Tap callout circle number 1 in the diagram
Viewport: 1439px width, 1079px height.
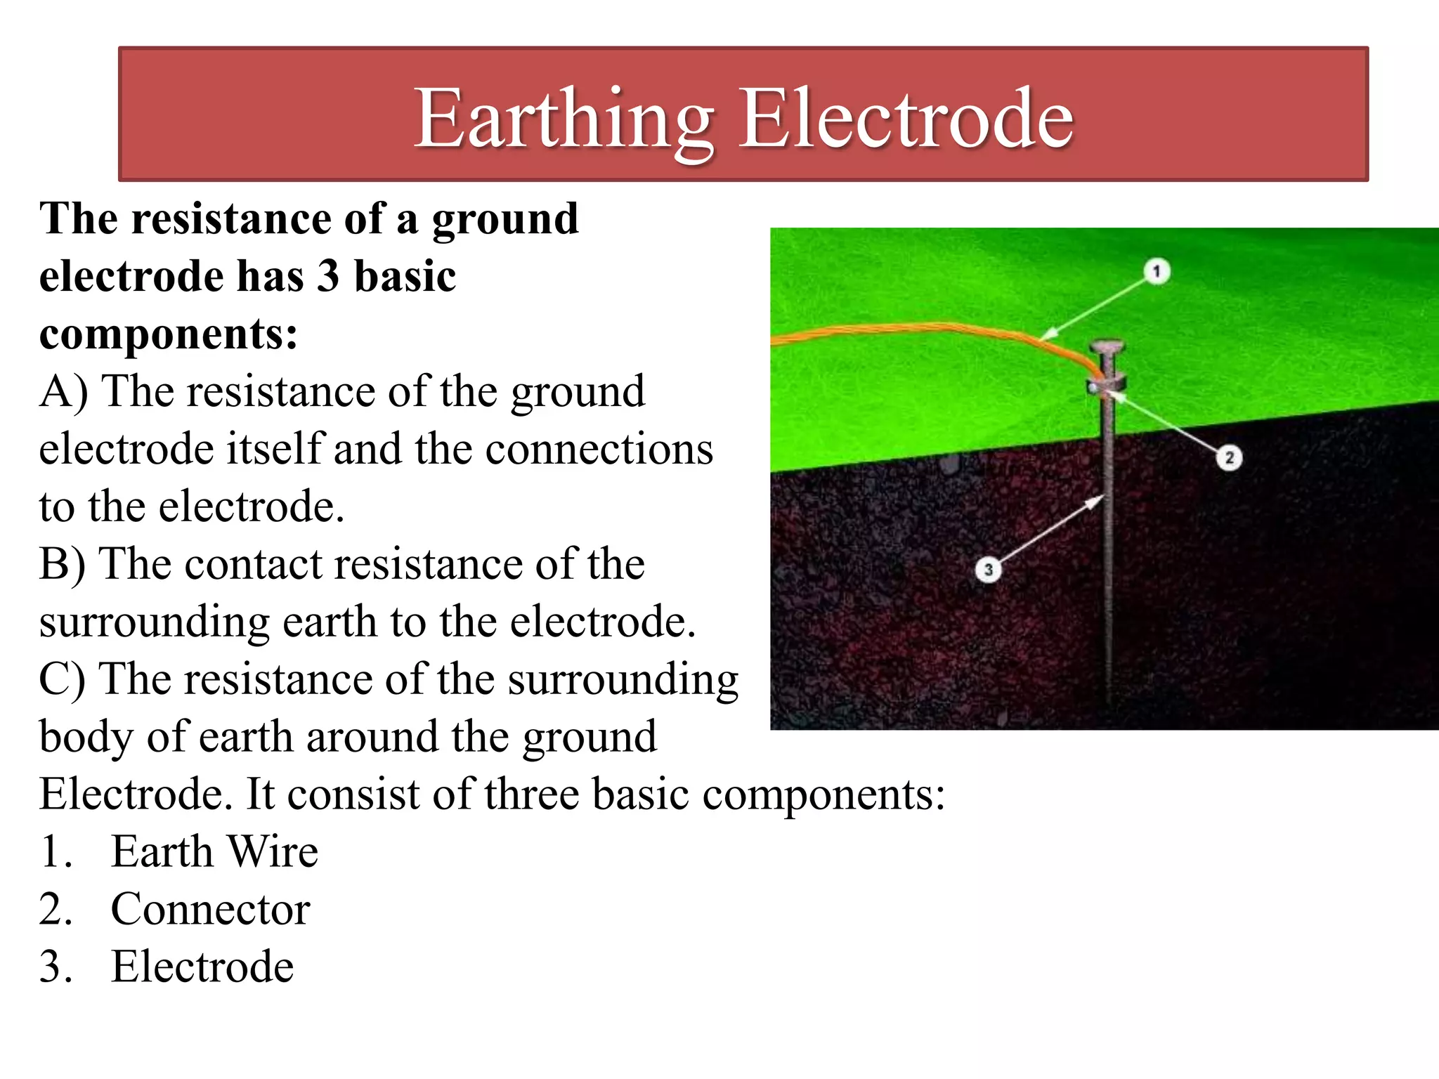click(x=1157, y=271)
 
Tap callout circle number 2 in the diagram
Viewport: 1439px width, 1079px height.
click(x=1229, y=458)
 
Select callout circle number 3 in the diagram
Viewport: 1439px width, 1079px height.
click(x=988, y=569)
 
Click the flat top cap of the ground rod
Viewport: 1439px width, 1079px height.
click(x=1108, y=346)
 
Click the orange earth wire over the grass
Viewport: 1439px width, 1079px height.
click(x=913, y=328)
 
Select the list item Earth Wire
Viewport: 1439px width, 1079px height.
click(x=214, y=851)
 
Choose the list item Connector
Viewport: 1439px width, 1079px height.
click(x=210, y=909)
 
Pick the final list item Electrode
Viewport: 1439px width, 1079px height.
click(x=202, y=967)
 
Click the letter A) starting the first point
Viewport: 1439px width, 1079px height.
click(x=63, y=391)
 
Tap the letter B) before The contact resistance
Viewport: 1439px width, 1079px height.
click(x=62, y=564)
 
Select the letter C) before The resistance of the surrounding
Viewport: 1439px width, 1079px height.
click(x=62, y=679)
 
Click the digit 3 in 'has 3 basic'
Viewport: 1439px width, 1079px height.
click(x=327, y=276)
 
